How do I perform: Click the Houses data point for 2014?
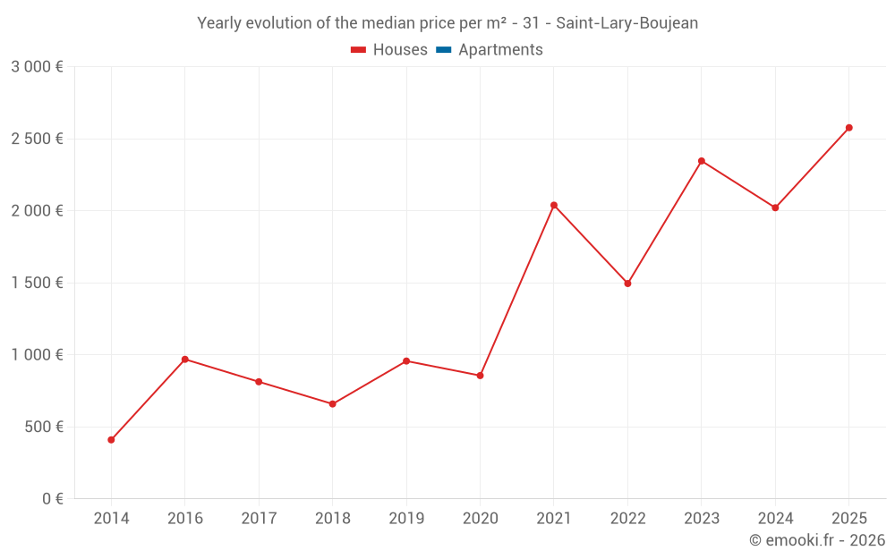coord(111,440)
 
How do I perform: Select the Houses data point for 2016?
coord(185,360)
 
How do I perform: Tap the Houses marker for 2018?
coord(332,404)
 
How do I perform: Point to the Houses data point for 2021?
coord(554,205)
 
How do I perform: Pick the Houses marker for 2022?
coord(627,284)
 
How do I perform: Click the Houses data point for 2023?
coord(702,161)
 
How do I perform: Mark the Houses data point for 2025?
coord(849,128)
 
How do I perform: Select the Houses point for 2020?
coord(480,376)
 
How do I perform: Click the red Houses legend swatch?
coord(358,50)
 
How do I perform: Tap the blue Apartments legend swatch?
coord(443,50)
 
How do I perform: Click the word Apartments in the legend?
coord(500,50)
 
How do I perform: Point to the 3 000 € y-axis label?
coord(37,67)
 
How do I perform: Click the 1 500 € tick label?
coord(37,284)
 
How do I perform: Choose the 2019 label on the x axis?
coord(406,519)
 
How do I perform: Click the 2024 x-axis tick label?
coord(775,519)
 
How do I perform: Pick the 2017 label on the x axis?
coord(259,519)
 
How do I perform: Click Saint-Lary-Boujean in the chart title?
coord(626,23)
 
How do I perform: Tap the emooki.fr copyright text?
coord(817,540)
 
